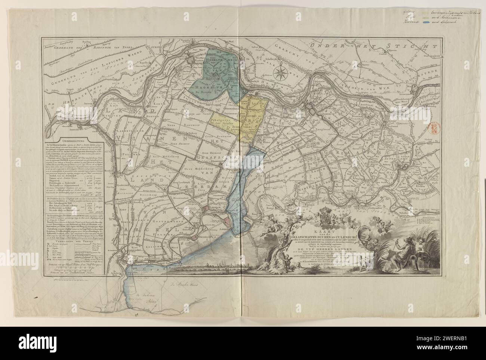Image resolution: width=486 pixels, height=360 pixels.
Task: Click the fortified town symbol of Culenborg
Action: coord(313,109)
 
